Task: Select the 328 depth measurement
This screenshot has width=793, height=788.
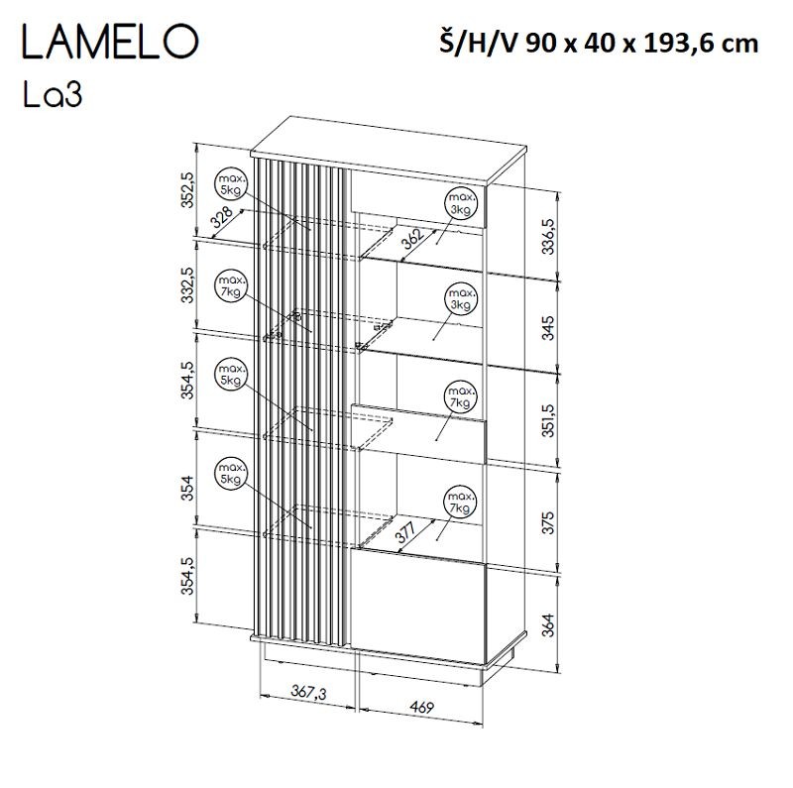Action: click(225, 219)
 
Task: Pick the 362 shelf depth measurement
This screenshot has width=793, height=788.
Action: click(412, 238)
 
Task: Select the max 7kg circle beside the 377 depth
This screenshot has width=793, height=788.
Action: click(459, 502)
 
